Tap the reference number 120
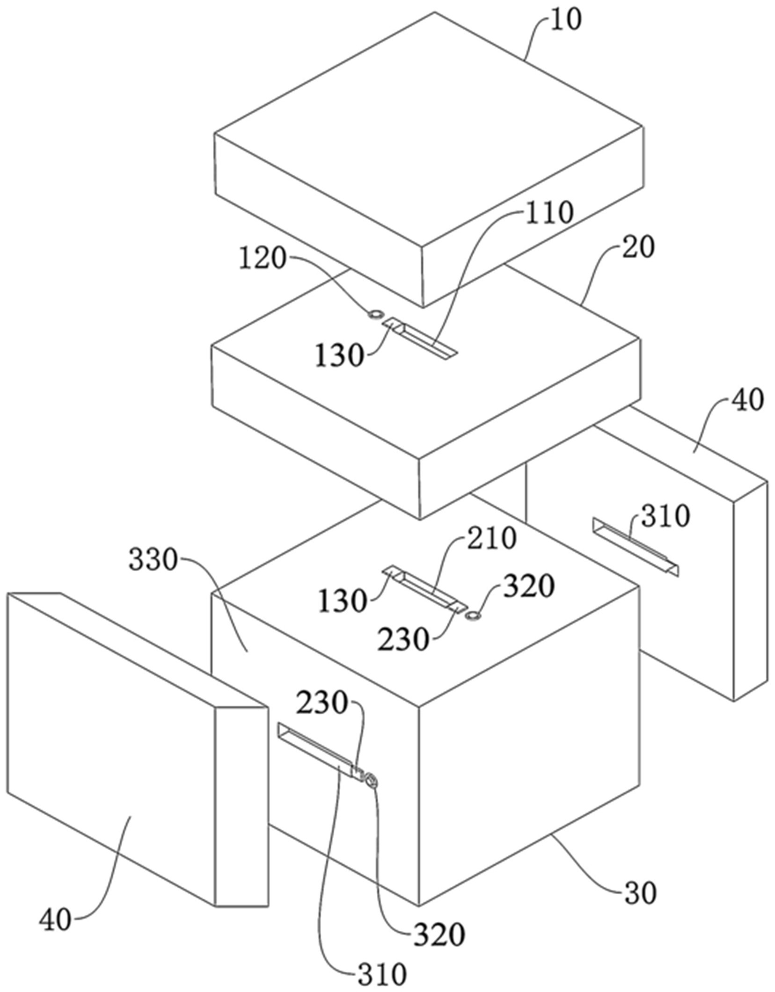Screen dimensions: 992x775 tap(262, 259)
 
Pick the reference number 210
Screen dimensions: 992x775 tap(492, 538)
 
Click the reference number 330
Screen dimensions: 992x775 tap(153, 560)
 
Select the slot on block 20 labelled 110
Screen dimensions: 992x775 tap(421, 339)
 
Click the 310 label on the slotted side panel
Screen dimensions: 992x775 tap(665, 517)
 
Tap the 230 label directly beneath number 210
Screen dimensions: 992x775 tap(403, 639)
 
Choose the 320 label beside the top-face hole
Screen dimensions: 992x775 tap(529, 587)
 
